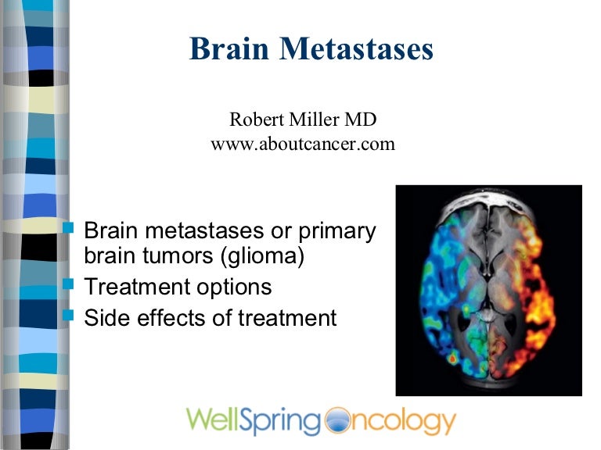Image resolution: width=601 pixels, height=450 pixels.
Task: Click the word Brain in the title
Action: click(228, 49)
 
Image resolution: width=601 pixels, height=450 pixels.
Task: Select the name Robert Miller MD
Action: click(302, 120)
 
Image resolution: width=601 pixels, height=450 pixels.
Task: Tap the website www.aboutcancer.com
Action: click(302, 145)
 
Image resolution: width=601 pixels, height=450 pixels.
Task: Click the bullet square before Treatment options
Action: click(68, 285)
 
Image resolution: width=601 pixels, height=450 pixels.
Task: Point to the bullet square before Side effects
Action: click(68, 316)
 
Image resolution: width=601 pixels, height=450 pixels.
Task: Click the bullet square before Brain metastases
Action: click(68, 229)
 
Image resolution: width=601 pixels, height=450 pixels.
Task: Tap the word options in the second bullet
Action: click(234, 287)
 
